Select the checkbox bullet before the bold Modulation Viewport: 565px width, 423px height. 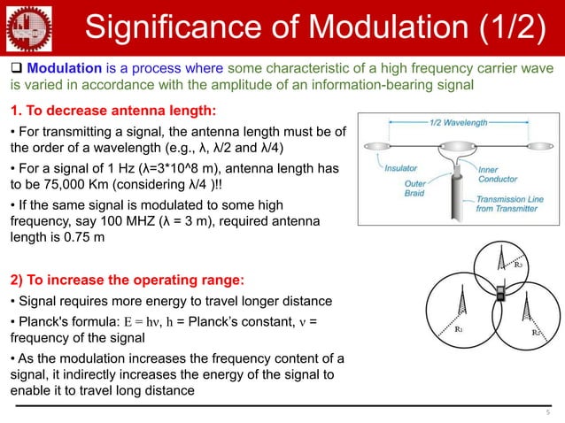coord(16,70)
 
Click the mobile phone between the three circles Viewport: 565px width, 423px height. coord(500,293)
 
